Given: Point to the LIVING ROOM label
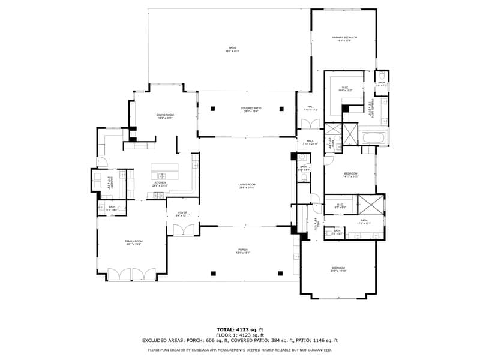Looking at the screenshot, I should click(x=247, y=185).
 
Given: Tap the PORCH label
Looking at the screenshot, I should click(x=242, y=251).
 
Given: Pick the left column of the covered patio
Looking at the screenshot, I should click(x=213, y=109).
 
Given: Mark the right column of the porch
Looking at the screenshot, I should click(x=281, y=273).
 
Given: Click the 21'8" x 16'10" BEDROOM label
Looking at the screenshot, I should click(x=338, y=269).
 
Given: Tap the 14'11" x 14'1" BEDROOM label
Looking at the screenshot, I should click(x=351, y=175).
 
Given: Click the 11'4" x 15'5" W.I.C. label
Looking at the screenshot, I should click(x=345, y=89).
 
